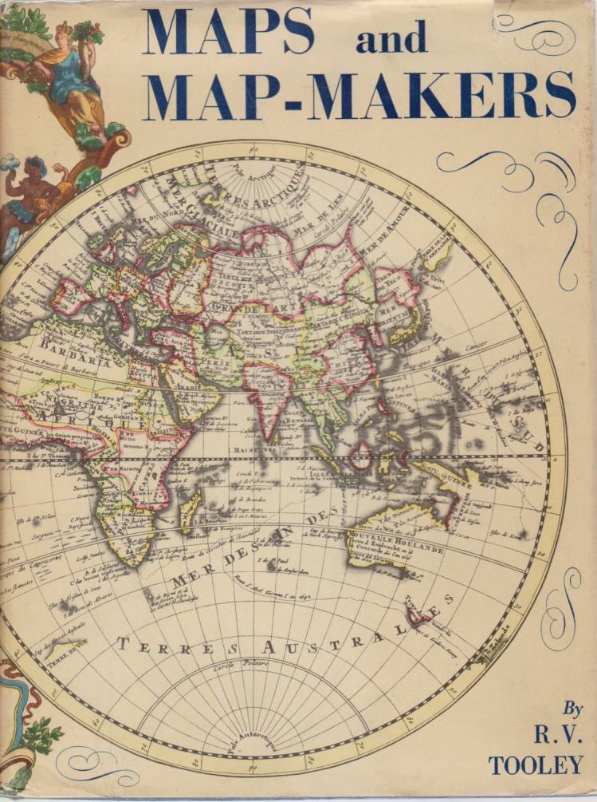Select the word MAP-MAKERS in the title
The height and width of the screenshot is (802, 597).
362,93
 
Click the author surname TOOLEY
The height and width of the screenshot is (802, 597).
536,764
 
